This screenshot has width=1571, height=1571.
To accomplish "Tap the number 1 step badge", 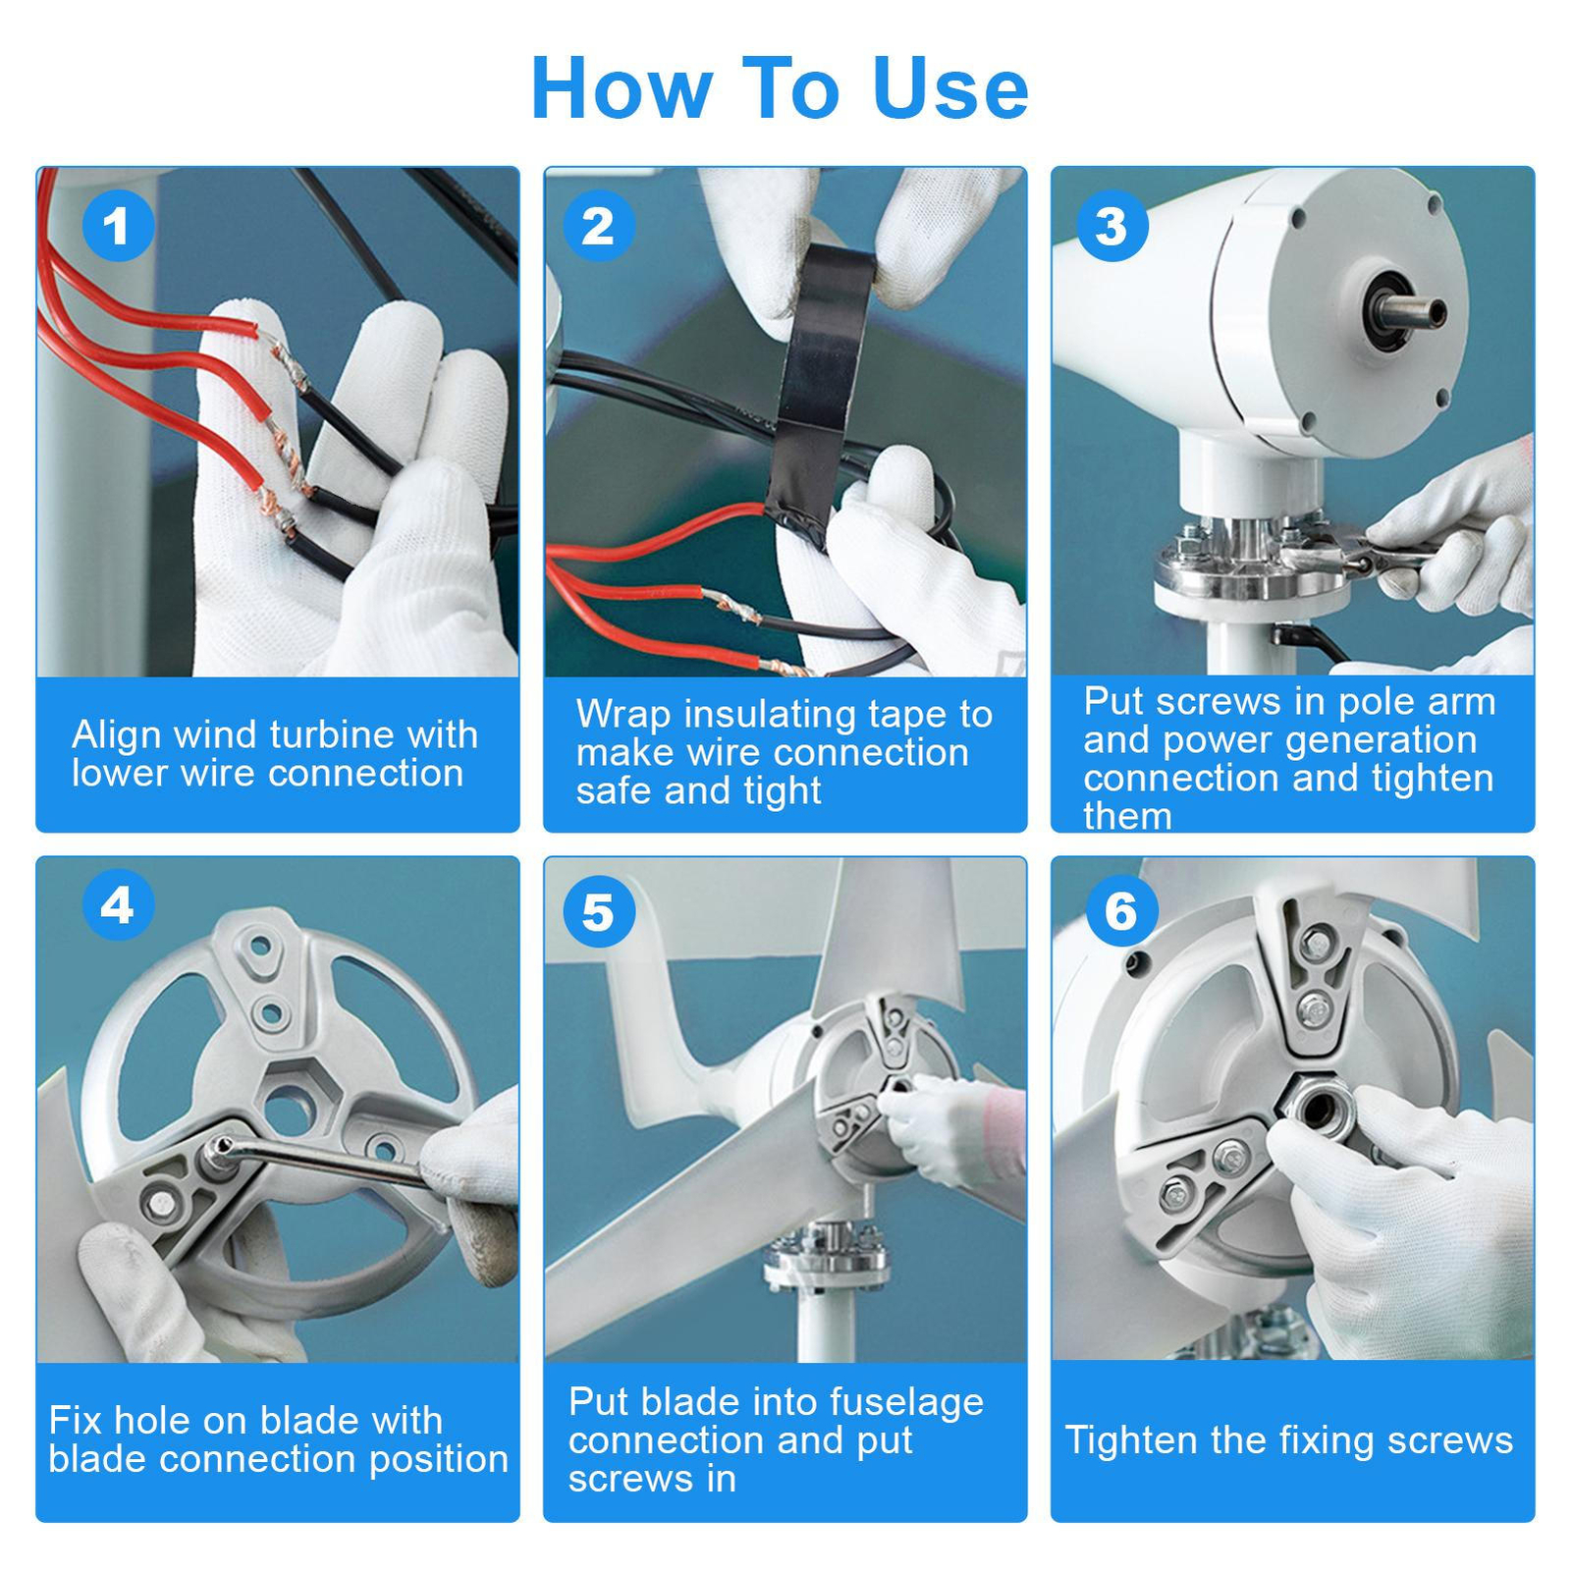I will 118,226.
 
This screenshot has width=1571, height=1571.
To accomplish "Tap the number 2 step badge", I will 599,226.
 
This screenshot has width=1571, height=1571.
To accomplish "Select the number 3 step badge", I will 1111,226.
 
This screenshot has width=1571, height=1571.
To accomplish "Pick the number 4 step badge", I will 118,904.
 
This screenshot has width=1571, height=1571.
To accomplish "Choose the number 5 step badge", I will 599,912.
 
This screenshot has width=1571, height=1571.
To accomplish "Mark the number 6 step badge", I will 1121,911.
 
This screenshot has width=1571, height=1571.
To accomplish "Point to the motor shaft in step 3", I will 1411,312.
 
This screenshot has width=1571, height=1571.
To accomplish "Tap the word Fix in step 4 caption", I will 74,1420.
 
